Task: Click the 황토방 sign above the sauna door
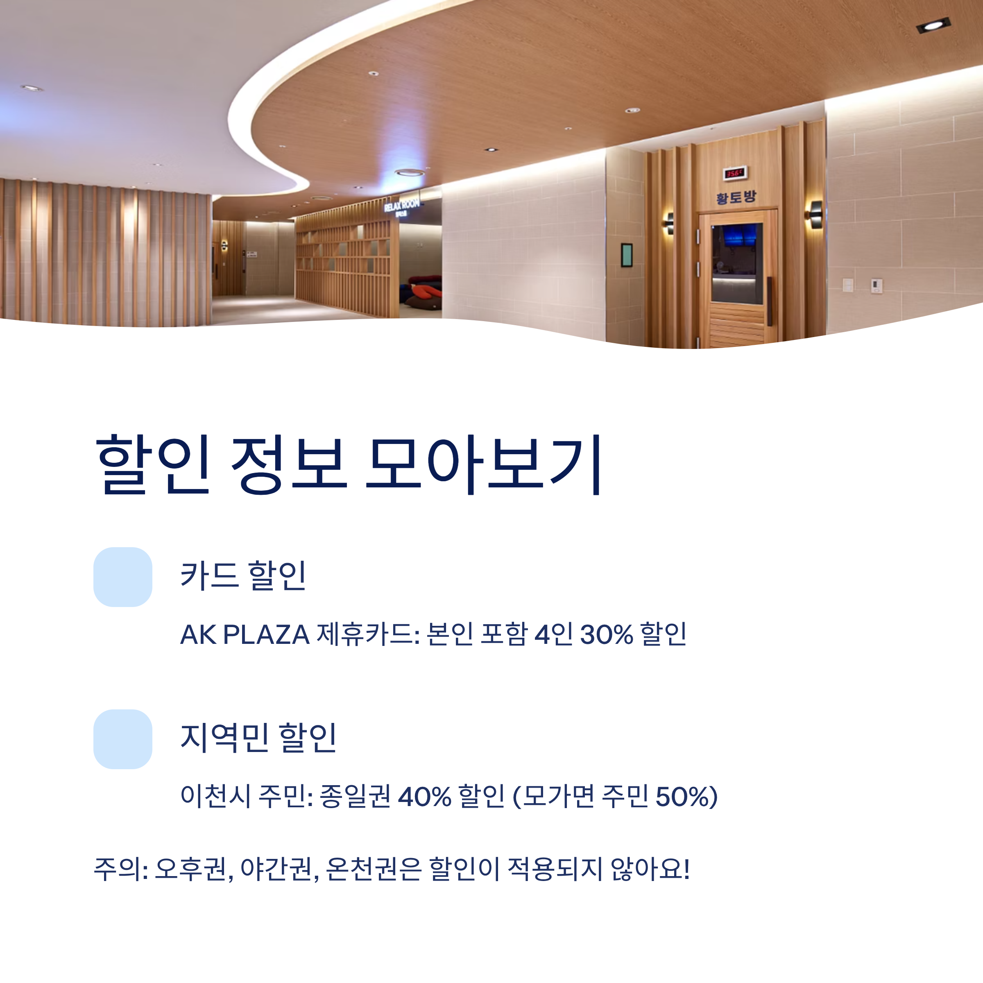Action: (736, 197)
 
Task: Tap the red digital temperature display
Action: (735, 174)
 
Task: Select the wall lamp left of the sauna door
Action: (668, 223)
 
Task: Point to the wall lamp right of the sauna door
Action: (815, 214)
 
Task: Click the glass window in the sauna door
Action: (736, 265)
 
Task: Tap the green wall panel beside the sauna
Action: (627, 255)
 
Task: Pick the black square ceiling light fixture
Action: (933, 25)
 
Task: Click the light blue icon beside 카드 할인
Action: (122, 577)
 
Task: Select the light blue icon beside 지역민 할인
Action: (122, 739)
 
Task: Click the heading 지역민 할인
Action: (258, 738)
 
